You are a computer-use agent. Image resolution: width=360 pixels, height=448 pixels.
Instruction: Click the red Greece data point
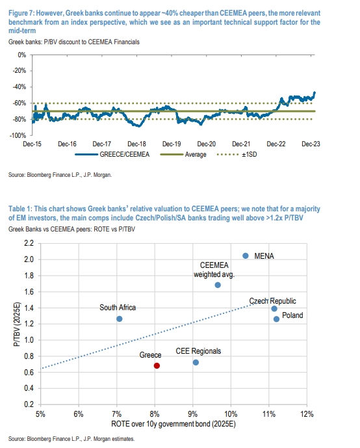tap(157, 365)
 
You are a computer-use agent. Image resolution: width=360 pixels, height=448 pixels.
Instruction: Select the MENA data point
tap(246, 256)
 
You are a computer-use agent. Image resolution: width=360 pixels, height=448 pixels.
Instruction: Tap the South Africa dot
tap(120, 319)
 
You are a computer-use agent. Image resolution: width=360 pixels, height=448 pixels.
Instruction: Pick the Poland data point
tap(276, 319)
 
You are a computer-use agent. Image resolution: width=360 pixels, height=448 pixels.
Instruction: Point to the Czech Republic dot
tap(274, 309)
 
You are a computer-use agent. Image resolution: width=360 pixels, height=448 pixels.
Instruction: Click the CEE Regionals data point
tap(196, 362)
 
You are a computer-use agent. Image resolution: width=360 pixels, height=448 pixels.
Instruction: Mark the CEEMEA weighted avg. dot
tap(218, 285)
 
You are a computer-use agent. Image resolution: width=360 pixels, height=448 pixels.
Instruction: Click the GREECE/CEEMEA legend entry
tap(112, 155)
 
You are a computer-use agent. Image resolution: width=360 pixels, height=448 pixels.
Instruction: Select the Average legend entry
tap(183, 155)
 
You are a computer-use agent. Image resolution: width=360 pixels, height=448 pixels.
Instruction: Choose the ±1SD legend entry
tap(237, 155)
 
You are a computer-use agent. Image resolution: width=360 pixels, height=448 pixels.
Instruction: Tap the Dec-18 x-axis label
tap(136, 144)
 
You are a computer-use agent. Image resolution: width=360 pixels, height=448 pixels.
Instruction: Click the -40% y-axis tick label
tap(19, 87)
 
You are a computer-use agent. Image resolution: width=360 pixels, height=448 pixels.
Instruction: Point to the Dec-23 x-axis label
tap(311, 144)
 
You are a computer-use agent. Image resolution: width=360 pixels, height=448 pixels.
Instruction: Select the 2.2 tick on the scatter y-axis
tap(29, 243)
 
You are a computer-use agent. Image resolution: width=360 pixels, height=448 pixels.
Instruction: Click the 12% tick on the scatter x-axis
tap(307, 414)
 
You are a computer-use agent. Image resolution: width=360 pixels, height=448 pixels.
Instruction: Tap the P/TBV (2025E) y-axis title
tap(17, 324)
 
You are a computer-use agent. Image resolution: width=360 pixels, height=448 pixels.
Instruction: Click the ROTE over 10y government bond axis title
tap(174, 424)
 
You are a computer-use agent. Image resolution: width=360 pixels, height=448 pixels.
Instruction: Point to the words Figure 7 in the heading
tap(21, 13)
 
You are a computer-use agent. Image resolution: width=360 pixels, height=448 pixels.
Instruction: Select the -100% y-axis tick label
tap(18, 135)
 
